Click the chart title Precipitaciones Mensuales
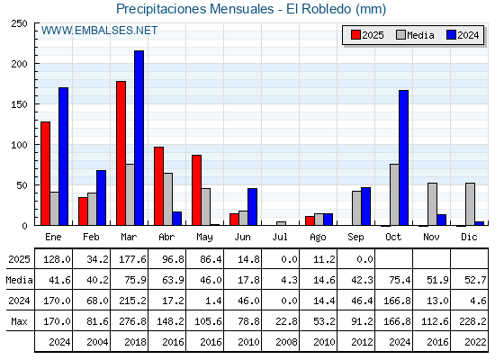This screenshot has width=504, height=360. pyautogui.click(x=195, y=9)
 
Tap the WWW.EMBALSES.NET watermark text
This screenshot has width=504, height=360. pyautogui.click(x=99, y=31)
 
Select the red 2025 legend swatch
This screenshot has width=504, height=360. pyautogui.click(x=355, y=35)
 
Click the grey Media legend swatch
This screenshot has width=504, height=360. pyautogui.click(x=400, y=35)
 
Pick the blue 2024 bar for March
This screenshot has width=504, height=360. pyautogui.click(x=139, y=138)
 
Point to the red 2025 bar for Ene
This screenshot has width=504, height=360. pyautogui.click(x=46, y=174)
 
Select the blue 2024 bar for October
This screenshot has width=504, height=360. pyautogui.click(x=404, y=157)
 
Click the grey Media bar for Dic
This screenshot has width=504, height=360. pyautogui.click(x=470, y=204)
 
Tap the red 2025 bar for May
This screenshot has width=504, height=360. pyautogui.click(x=197, y=190)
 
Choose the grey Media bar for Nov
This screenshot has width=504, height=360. pyautogui.click(x=432, y=204)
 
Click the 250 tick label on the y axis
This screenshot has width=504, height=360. pyautogui.click(x=19, y=23)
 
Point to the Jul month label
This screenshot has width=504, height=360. pyautogui.click(x=280, y=238)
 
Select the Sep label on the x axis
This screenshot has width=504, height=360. pyautogui.click(x=355, y=238)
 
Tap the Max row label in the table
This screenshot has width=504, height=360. pyautogui.click(x=19, y=321)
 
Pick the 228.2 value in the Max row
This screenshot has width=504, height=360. pyautogui.click(x=472, y=321)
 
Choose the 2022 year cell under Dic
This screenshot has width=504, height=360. pyautogui.click(x=475, y=342)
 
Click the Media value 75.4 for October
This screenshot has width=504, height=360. pyautogui.click(x=400, y=280)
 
